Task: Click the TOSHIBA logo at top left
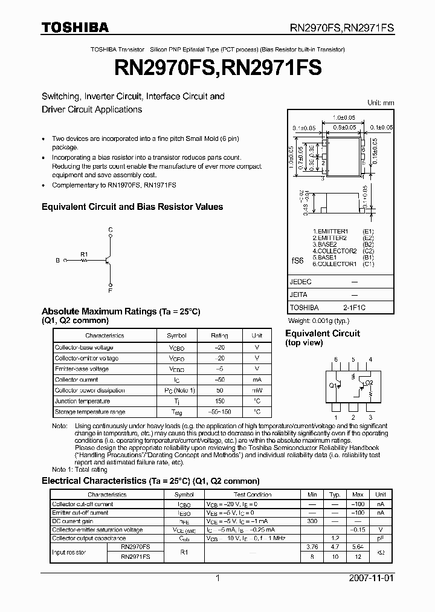coord(75,27)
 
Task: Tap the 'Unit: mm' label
coord(381,103)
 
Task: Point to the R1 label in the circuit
coord(84,254)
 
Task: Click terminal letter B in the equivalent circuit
coord(57,261)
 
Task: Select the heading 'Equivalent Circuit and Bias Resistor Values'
coord(132,207)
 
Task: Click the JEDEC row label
coord(301,282)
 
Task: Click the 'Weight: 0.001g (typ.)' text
coord(318,320)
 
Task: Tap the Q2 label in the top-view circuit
coord(369,383)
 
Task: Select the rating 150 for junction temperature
coord(219,401)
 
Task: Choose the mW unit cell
coord(257,391)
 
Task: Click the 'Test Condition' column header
coord(253,495)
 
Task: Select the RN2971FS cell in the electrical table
coord(135,556)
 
